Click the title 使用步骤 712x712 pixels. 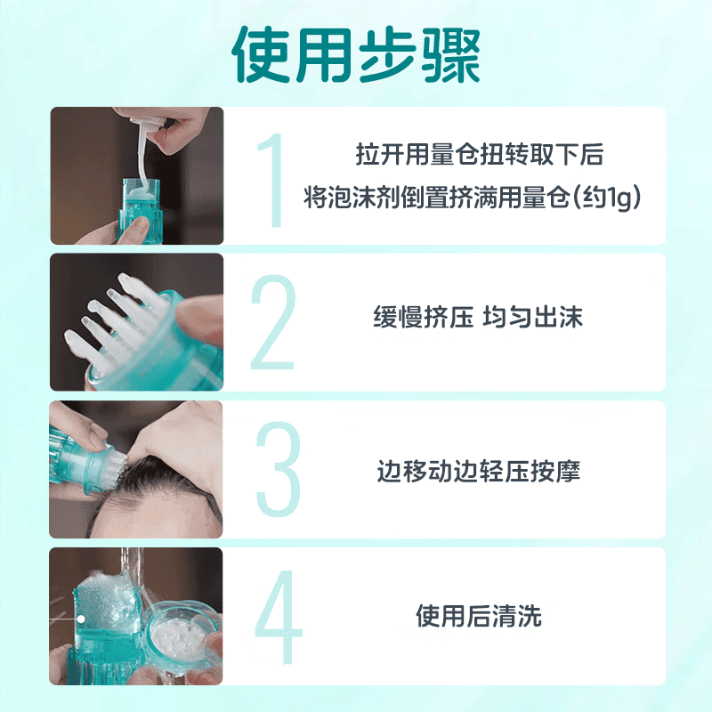tap(356, 55)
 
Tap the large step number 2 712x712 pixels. tap(272, 323)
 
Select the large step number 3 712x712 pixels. tap(277, 469)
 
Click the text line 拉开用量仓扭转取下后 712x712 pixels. tap(479, 156)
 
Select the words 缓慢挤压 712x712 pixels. tap(423, 318)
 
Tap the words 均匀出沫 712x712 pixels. tap(532, 318)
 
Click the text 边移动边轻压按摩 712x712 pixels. tap(478, 471)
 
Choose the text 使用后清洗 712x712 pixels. tap(478, 616)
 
